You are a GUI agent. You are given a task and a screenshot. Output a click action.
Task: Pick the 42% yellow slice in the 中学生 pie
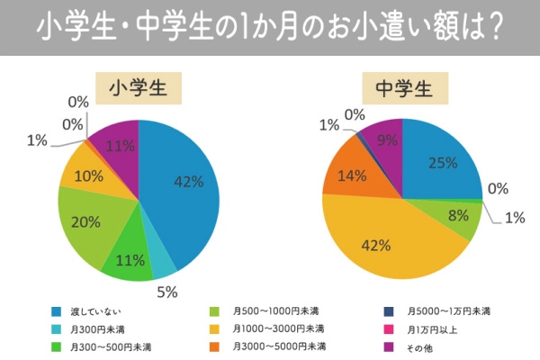click(x=378, y=243)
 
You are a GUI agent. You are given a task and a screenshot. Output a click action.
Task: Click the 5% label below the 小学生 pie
click(x=167, y=292)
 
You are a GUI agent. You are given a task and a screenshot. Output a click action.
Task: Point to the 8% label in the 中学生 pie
click(x=458, y=215)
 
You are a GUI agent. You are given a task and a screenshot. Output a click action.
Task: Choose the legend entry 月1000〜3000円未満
click(x=278, y=328)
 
